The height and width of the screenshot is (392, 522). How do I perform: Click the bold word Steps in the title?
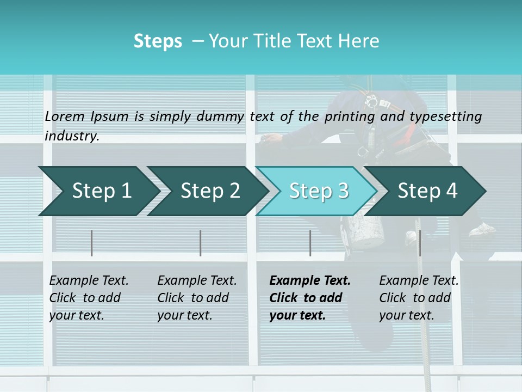coord(158,41)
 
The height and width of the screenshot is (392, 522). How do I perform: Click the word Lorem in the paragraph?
coord(65,116)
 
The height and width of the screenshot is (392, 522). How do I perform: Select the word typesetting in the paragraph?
coord(446,116)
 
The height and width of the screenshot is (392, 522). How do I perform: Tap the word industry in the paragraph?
coord(72,136)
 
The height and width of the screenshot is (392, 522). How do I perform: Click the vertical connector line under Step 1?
coord(92,243)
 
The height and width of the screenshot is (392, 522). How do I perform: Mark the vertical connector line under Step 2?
coord(201,243)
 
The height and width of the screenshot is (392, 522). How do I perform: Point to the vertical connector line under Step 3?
coord(310,243)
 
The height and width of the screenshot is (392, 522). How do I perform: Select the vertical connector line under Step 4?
coord(420,243)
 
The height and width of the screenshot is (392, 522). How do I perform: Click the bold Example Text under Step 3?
coord(310,280)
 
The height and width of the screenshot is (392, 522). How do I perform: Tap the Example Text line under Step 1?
coord(89,280)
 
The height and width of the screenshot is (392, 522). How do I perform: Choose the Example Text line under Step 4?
coord(419,280)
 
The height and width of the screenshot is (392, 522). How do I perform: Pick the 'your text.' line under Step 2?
coord(184,315)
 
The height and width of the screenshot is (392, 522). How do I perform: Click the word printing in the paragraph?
coord(351,116)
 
